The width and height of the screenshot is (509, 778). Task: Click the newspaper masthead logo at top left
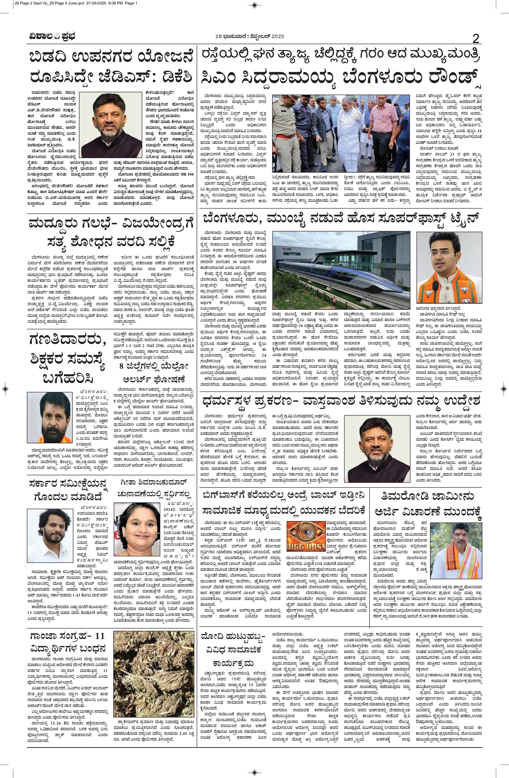coord(51,37)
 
